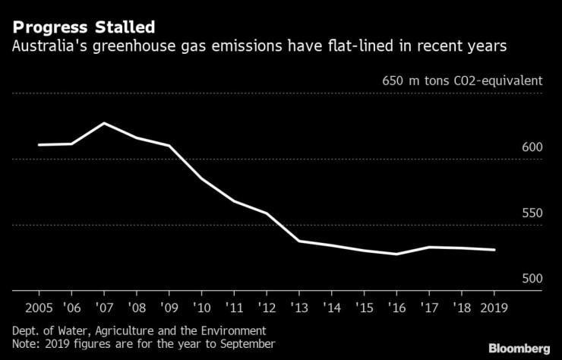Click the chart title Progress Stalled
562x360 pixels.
click(84, 28)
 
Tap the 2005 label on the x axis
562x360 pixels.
click(38, 309)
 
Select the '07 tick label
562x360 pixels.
click(103, 309)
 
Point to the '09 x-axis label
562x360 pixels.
click(169, 309)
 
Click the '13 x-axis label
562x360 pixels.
click(298, 309)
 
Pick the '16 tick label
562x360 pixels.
click(396, 309)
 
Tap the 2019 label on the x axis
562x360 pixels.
click(494, 309)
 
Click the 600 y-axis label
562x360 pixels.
click(532, 147)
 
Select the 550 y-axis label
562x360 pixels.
click(532, 213)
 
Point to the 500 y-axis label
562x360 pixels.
click(532, 279)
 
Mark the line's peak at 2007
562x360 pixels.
click(103, 123)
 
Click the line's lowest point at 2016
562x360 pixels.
click(396, 254)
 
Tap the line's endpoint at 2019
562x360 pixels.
click(495, 250)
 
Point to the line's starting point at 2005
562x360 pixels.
click(38, 144)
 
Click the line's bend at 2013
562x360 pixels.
click(298, 241)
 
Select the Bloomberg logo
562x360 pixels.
click(517, 348)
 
